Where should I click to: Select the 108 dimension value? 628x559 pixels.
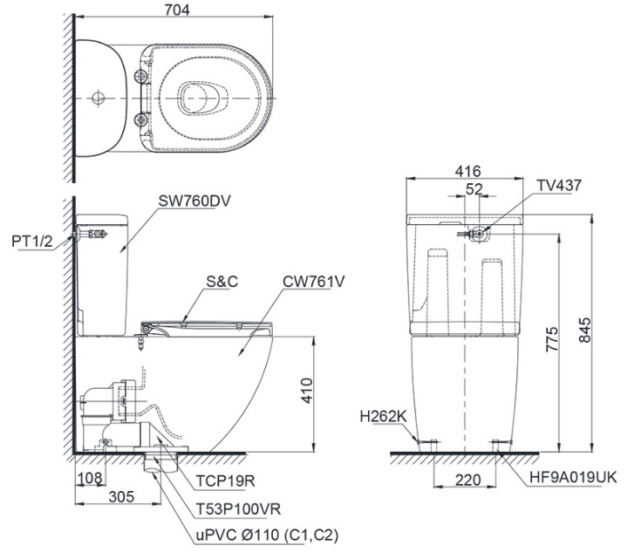point(90,478)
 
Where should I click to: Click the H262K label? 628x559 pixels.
point(382,416)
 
